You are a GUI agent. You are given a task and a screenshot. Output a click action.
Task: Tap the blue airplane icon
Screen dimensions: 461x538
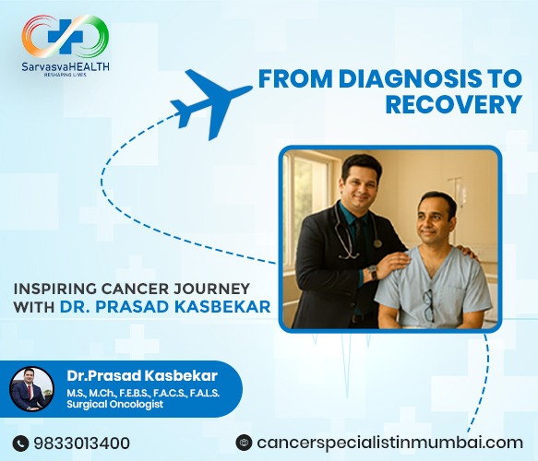pyautogui.click(x=211, y=97)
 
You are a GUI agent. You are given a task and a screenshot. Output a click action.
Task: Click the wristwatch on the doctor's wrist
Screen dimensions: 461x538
pyautogui.click(x=371, y=274)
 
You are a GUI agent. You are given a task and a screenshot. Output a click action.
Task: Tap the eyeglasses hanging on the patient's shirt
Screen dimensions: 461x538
pyautogui.click(x=429, y=303)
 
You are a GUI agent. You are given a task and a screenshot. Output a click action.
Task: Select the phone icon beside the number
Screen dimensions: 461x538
pyautogui.click(x=22, y=443)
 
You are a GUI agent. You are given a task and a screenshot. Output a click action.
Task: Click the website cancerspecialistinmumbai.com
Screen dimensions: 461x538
pyautogui.click(x=391, y=443)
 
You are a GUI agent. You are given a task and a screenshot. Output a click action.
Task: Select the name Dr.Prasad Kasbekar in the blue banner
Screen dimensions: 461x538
pyautogui.click(x=129, y=376)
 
